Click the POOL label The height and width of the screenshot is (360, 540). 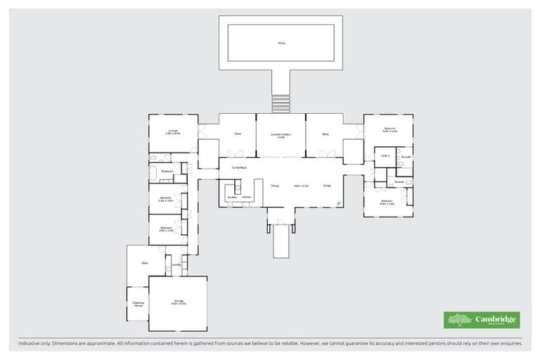pos(281,43)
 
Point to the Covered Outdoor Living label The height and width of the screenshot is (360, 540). pos(281,135)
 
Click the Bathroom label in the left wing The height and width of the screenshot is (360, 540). pos(167,171)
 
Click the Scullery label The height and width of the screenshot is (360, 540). pos(232,197)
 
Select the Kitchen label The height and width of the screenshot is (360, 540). pos(247,197)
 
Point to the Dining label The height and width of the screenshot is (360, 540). pos(275,186)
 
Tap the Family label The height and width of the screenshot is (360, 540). pos(327,186)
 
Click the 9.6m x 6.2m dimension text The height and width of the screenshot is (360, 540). pos(301,186)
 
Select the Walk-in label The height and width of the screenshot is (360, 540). pos(385,156)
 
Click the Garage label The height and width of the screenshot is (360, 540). pos(179,302)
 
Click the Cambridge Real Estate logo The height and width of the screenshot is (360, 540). pos(482,320)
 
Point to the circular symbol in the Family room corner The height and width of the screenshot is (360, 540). pos(338,203)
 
